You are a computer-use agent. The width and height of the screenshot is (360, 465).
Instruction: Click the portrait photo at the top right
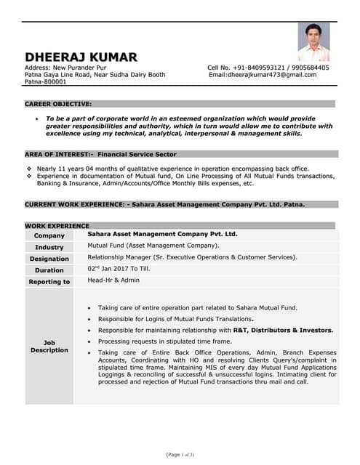[x=313, y=42]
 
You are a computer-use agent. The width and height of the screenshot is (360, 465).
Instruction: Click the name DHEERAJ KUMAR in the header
[x=81, y=57]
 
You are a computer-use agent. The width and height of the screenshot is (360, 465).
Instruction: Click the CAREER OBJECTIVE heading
[x=58, y=104]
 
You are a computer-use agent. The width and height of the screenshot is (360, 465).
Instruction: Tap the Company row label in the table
[x=49, y=235]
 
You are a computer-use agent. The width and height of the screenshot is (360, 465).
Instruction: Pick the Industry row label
[x=49, y=247]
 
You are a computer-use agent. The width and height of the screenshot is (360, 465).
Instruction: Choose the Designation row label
[x=49, y=259]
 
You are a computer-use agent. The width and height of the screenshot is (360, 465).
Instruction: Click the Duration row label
[x=49, y=270]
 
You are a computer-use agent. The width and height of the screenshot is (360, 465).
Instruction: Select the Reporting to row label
[x=49, y=282]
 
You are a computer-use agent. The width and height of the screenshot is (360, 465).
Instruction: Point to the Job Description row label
[x=49, y=347]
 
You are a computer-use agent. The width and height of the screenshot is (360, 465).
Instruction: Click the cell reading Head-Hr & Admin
[x=113, y=280]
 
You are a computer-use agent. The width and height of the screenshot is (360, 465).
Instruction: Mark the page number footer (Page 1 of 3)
[x=180, y=454]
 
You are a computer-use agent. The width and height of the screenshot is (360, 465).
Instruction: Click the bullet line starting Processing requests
[x=165, y=341]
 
